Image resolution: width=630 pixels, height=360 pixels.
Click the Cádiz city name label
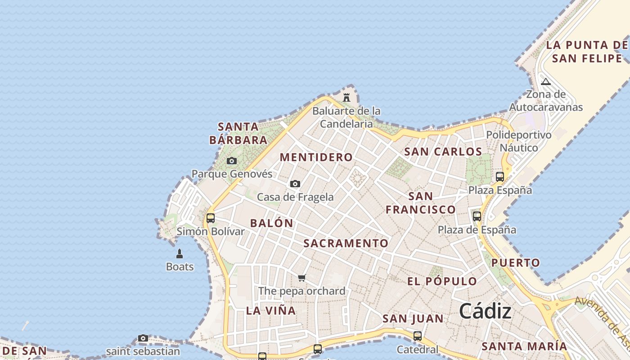pos(485,311)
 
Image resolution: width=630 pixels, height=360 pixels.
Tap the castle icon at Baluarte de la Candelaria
pos(346,97)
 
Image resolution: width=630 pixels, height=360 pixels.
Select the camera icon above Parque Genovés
pos(232,161)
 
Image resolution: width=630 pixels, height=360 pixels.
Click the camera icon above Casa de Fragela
pos(295,184)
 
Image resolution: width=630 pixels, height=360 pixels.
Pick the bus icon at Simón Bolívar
pos(210,218)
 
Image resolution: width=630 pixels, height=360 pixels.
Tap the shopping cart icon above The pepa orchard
pos(302,278)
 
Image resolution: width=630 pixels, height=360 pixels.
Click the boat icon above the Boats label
pos(180,254)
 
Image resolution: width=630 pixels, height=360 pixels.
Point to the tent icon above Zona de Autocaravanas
pos(545,81)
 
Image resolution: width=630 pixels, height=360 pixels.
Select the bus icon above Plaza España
pos(499,176)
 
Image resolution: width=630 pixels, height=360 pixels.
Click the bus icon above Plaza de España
pos(477,216)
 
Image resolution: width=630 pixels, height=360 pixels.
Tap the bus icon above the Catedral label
pos(417,336)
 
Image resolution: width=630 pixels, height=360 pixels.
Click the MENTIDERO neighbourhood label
pos(316,157)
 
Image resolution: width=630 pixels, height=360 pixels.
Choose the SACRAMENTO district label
pos(346,243)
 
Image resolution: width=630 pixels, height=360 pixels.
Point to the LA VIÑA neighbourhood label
pos(271,310)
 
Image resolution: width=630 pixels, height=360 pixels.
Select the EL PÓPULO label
pos(442,282)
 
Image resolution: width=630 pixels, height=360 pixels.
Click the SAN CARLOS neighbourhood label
pos(443,152)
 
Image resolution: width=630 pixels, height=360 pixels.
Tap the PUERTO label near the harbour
pos(515,263)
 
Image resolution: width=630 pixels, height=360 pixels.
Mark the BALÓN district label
pos(271,223)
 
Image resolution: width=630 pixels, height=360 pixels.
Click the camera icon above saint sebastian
pos(143,338)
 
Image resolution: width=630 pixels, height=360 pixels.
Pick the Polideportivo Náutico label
pos(518,141)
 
